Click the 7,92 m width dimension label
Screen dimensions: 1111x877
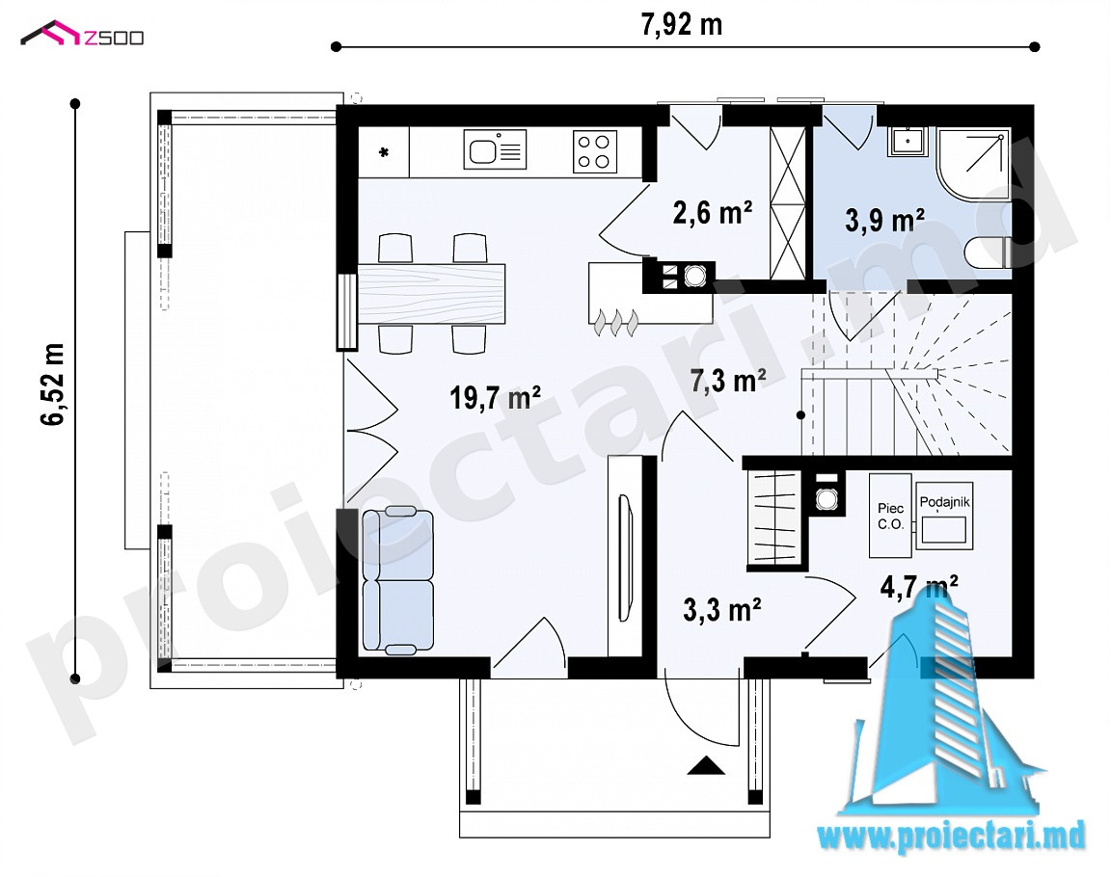tap(682, 25)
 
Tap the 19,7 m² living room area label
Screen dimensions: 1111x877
tap(496, 397)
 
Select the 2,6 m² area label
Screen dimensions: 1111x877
tap(712, 212)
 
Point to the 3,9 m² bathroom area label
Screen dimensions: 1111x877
tap(884, 220)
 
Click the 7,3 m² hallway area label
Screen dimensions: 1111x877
tap(728, 380)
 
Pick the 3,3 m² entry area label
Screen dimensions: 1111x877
tap(722, 609)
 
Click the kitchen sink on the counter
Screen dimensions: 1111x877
tap(495, 149)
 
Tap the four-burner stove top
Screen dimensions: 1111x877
tap(594, 151)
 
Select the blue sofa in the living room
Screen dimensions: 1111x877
tap(396, 580)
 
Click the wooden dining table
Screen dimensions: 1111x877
tap(431, 293)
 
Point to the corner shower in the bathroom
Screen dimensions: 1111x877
tap(973, 164)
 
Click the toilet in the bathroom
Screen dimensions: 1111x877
tap(988, 252)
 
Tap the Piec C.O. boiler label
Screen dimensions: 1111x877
tap(891, 517)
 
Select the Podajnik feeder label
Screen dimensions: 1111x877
tap(944, 502)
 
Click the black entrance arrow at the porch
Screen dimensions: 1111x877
tap(706, 765)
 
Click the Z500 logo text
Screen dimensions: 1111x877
tap(114, 38)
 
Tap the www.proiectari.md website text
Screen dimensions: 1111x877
tap(952, 837)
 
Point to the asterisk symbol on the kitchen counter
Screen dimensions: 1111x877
tap(383, 152)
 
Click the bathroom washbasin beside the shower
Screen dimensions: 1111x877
tap(907, 141)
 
